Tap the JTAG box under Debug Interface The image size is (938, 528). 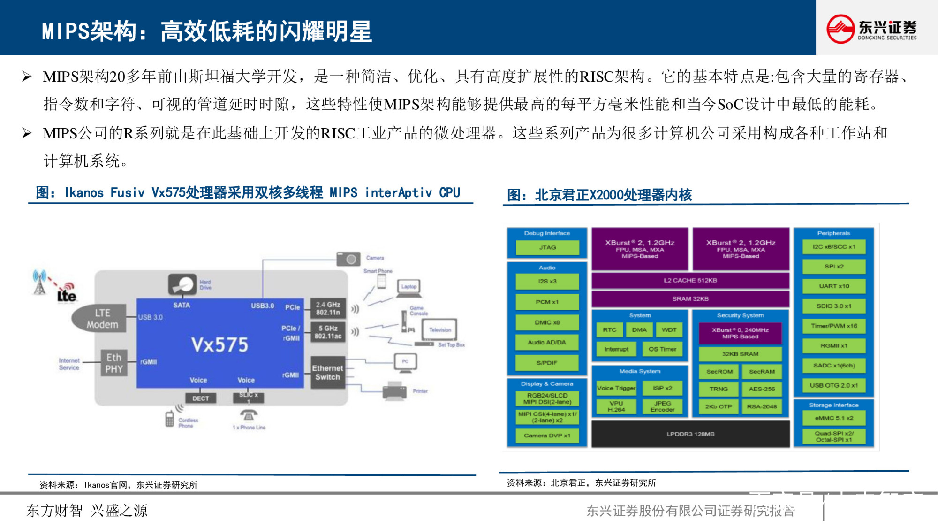(547, 247)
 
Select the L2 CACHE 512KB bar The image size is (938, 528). (690, 280)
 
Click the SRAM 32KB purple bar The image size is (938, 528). (690, 298)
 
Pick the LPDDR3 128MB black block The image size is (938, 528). (690, 434)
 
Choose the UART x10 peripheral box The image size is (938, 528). (833, 286)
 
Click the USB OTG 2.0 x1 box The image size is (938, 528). (833, 385)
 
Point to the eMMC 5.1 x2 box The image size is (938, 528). (833, 418)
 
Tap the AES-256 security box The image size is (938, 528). (761, 389)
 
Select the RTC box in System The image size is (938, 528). (609, 330)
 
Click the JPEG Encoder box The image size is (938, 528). (662, 406)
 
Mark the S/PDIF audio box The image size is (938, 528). (547, 363)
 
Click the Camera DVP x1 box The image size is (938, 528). (547, 436)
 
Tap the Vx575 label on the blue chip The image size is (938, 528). (219, 345)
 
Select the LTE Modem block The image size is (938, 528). (102, 319)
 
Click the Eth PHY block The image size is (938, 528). (113, 363)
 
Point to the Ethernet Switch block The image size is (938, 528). (327, 373)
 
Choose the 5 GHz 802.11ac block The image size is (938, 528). (328, 332)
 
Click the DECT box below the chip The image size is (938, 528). (200, 398)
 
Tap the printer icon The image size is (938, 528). (394, 391)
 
